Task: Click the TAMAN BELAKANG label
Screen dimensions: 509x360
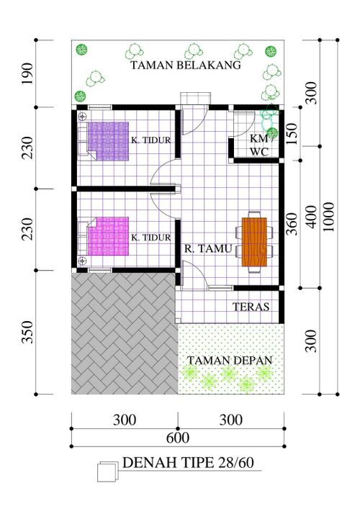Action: click(x=185, y=66)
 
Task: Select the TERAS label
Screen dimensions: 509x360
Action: click(x=251, y=307)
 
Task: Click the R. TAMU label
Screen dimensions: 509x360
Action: click(x=207, y=249)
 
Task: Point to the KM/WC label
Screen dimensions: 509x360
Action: click(x=259, y=145)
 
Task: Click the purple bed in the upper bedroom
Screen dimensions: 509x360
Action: click(x=108, y=141)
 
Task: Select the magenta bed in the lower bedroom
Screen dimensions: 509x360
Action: click(x=107, y=237)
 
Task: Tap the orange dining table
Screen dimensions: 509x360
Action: click(x=254, y=242)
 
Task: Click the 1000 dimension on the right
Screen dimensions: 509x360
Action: click(x=329, y=215)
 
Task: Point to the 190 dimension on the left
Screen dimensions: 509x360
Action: click(x=28, y=73)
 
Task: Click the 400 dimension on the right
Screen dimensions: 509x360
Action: click(x=312, y=216)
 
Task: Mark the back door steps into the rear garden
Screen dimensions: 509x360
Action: click(x=195, y=99)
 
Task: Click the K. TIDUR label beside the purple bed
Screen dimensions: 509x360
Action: click(x=150, y=140)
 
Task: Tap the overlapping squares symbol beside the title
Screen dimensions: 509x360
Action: click(x=107, y=470)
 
